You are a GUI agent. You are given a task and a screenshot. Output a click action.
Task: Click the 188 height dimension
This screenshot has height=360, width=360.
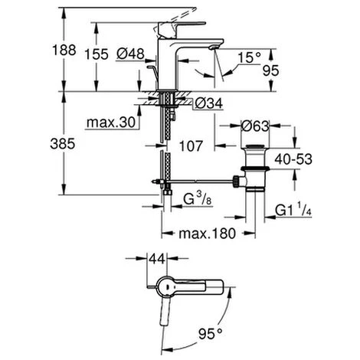pos(68,51)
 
